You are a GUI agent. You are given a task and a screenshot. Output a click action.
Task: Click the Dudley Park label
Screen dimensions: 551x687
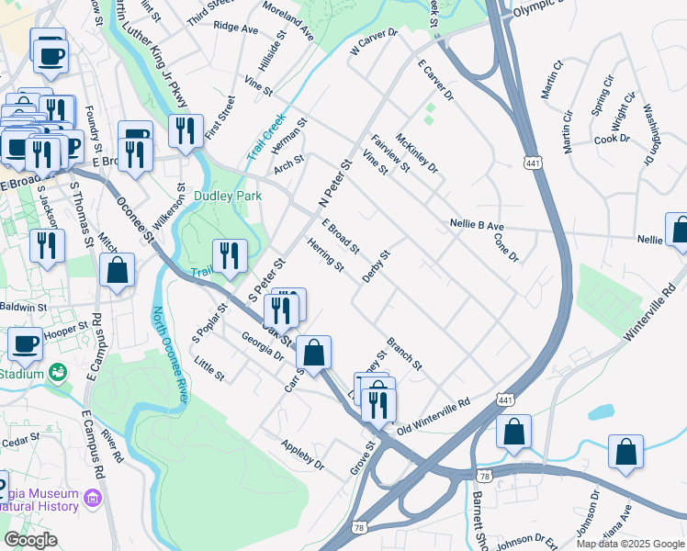(228, 196)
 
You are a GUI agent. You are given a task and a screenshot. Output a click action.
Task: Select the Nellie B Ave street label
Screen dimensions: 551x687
(477, 225)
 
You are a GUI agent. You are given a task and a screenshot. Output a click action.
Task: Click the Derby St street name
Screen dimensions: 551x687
(377, 265)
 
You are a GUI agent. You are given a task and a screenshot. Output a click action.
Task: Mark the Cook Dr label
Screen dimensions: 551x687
(612, 139)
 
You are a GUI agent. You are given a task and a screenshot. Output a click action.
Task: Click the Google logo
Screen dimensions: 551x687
(30, 540)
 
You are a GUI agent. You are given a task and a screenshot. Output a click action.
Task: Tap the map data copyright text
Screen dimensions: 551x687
(630, 544)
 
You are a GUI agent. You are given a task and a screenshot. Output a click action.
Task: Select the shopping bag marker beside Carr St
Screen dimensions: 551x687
(313, 354)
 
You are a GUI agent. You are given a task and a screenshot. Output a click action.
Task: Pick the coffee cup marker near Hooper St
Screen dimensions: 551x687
(26, 343)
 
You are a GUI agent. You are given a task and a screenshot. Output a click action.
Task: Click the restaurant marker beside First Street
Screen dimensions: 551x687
(186, 131)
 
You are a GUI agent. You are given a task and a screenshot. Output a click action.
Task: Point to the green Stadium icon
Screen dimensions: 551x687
(59, 372)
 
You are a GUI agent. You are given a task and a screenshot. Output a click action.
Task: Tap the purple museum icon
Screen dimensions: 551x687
(92, 498)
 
